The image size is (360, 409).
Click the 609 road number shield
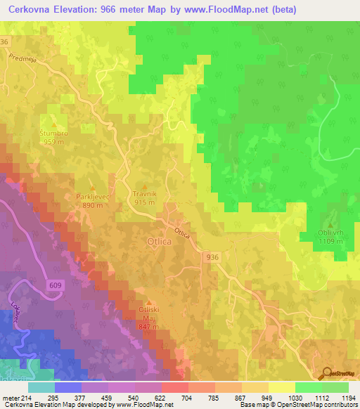tap(57, 285)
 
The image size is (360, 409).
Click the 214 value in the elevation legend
tap(25, 398)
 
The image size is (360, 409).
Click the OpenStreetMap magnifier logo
tap(327, 373)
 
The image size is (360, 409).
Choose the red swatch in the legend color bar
tap(174, 387)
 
